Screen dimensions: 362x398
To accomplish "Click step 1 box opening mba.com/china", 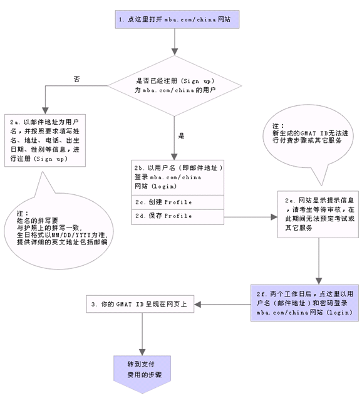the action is [177, 19].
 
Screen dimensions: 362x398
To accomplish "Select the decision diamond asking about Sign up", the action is [175, 86].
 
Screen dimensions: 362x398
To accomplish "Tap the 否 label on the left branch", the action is [76, 79].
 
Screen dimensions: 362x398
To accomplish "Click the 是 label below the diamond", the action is [181, 135].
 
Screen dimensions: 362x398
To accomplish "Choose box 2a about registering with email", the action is [45, 140].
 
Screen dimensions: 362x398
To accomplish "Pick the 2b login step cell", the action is [178, 177].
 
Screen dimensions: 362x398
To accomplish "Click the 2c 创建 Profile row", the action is [178, 202].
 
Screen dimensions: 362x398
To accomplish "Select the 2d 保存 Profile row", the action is [178, 217].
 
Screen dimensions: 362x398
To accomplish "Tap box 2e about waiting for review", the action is [318, 214].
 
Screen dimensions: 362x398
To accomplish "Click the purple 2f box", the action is [304, 303].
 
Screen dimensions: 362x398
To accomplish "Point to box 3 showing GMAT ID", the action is [140, 304].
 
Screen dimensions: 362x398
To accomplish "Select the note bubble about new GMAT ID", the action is [308, 139].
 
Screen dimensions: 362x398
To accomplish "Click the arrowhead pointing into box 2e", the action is [274, 217].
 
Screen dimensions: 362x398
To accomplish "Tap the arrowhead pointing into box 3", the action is [198, 305].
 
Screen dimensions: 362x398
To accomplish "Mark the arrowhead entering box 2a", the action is [45, 111].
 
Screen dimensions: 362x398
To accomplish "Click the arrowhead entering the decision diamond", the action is [175, 52].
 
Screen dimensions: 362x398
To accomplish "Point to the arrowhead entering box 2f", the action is [319, 281].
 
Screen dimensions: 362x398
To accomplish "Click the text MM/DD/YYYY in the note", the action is [71, 235].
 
